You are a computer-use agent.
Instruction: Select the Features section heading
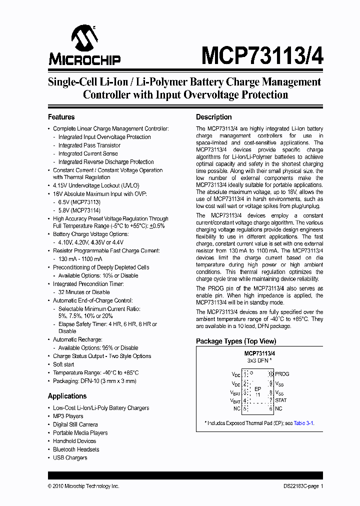61,117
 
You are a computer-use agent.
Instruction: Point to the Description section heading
213,117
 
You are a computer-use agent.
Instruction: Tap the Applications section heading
67,396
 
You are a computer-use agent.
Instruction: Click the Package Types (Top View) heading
235,341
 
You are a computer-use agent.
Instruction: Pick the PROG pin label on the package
282,374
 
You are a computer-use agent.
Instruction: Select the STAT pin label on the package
281,400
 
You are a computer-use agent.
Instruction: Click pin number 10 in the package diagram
270,374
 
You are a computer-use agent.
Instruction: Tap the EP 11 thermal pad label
257,391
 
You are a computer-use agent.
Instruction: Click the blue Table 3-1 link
303,422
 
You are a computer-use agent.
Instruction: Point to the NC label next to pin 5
236,408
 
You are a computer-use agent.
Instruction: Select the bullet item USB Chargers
70,457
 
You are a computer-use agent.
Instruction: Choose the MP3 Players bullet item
68,416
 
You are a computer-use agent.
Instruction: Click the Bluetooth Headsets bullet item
76,449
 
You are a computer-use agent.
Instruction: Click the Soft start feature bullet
63,364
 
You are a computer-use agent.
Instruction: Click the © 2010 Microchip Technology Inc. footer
83,486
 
